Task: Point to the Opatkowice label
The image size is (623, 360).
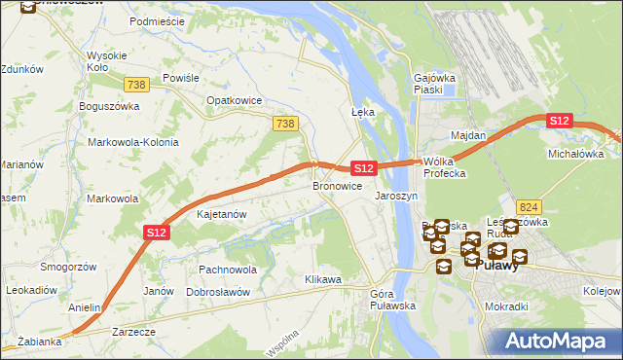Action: pyautogui.click(x=232, y=100)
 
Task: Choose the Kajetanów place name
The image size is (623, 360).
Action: pyautogui.click(x=222, y=213)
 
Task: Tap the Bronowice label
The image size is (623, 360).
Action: pyautogui.click(x=337, y=185)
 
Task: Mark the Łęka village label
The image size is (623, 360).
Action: pyautogui.click(x=362, y=113)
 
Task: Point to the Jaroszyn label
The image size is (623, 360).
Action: pyautogui.click(x=396, y=196)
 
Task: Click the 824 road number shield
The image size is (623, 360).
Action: pyautogui.click(x=529, y=207)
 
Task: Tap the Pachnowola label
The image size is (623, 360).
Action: pyautogui.click(x=227, y=270)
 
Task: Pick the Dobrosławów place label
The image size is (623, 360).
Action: pyautogui.click(x=218, y=292)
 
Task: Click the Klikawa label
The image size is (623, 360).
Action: pyautogui.click(x=323, y=280)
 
